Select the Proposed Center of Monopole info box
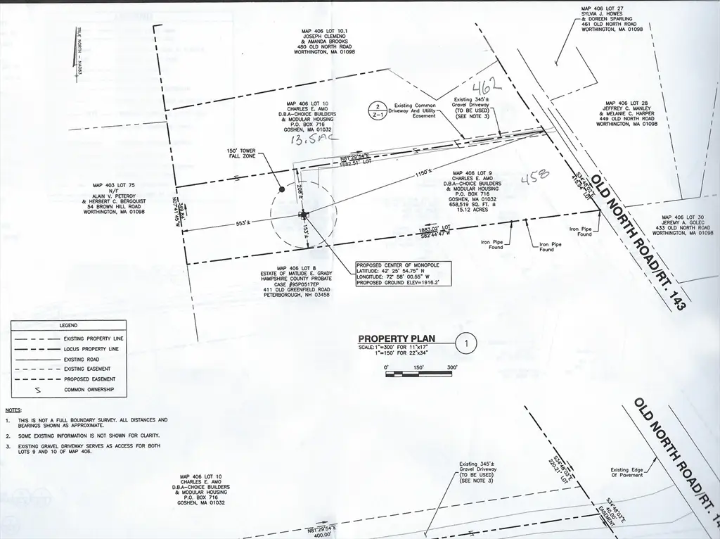(401, 273)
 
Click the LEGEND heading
(68, 326)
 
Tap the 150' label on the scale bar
(419, 367)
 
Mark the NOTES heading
(13, 409)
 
